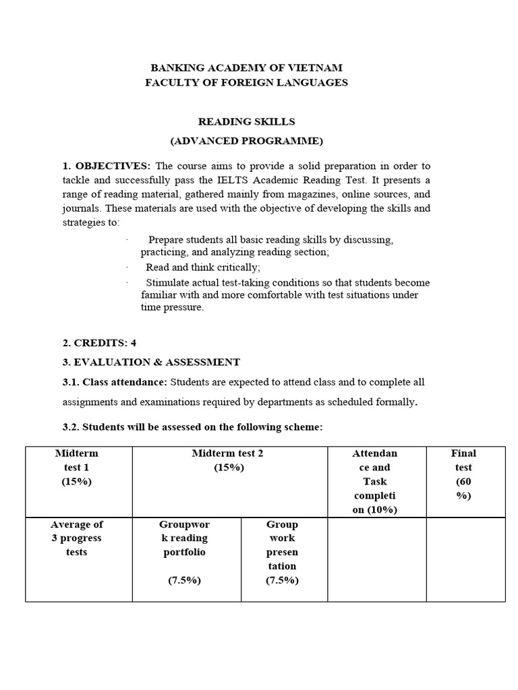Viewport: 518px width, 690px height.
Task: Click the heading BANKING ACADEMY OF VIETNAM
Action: pyautogui.click(x=246, y=68)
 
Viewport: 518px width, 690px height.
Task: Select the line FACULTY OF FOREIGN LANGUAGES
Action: pyautogui.click(x=246, y=82)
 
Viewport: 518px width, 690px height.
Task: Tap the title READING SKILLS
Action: pyautogui.click(x=246, y=121)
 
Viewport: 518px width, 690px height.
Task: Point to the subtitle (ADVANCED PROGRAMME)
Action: pyautogui.click(x=246, y=141)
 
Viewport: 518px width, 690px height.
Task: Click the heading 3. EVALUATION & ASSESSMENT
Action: pyautogui.click(x=151, y=362)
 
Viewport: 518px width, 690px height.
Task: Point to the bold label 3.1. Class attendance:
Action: pyautogui.click(x=115, y=382)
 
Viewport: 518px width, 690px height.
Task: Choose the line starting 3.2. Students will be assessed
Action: pyautogui.click(x=192, y=427)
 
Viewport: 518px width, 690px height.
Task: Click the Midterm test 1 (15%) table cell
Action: pyautogui.click(x=77, y=468)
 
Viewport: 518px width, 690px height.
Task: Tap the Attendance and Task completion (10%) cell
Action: pyautogui.click(x=376, y=481)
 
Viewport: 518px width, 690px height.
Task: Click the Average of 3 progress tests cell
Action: pyautogui.click(x=77, y=538)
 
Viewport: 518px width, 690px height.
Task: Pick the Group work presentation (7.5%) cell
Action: pyautogui.click(x=282, y=552)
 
